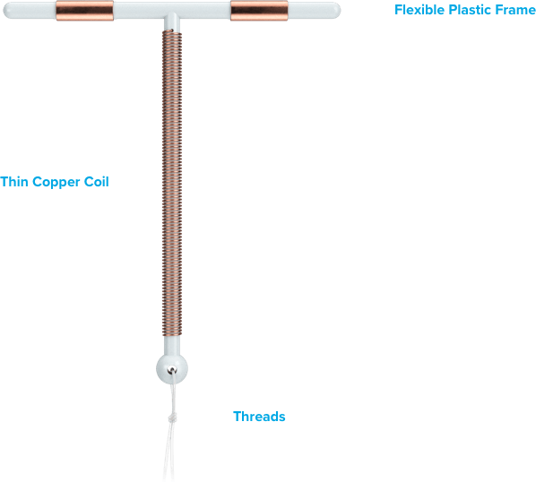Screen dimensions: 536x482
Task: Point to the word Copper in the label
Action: [x=56, y=183]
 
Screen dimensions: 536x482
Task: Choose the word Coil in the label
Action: [x=97, y=182]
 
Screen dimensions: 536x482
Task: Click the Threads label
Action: [x=259, y=417]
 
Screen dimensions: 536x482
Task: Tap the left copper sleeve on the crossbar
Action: [x=85, y=10]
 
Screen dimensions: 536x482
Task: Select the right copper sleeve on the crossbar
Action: [x=259, y=10]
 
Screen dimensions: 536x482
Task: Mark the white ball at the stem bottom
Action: [x=172, y=369]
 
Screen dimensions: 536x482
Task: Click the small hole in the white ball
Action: [x=171, y=370]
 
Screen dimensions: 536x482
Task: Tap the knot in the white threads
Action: [x=173, y=417]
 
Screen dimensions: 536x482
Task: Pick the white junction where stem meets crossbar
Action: [x=172, y=22]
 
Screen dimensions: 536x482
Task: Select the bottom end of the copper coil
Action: [x=172, y=335]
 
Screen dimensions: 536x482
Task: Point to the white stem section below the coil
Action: [x=172, y=346]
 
